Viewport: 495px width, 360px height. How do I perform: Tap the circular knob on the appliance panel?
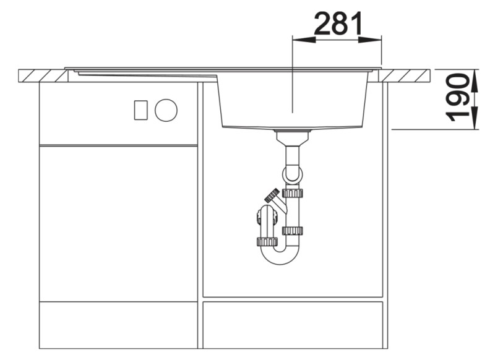pos(166,110)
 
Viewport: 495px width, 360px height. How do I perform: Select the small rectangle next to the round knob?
pos(140,110)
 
